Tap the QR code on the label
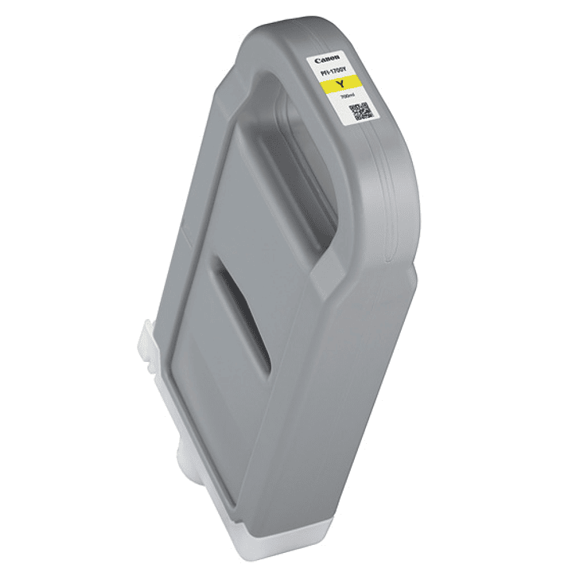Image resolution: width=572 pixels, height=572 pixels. pyautogui.click(x=360, y=111)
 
